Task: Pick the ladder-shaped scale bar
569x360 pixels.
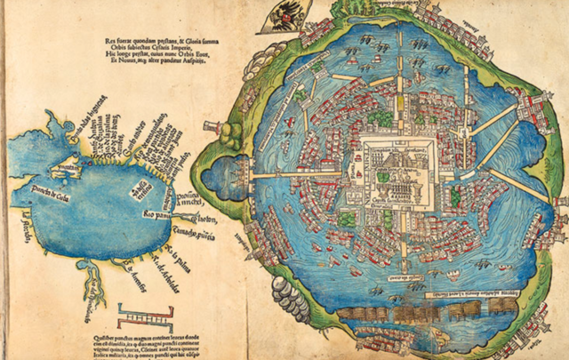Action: point(148,314)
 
